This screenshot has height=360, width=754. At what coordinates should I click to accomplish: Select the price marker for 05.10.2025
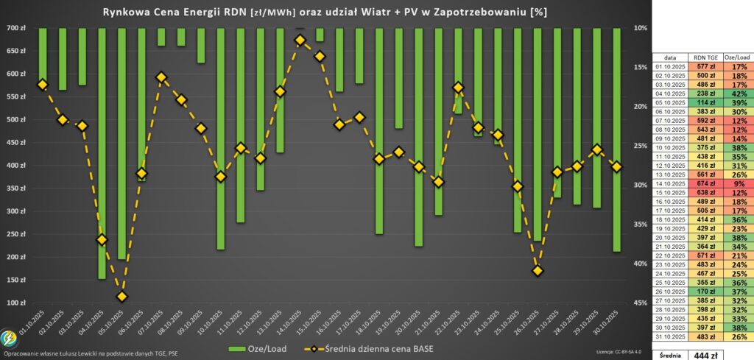coord(121,297)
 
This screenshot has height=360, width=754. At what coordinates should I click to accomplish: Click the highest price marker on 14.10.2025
coord(300,40)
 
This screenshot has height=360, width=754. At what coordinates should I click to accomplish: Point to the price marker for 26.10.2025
coord(538,271)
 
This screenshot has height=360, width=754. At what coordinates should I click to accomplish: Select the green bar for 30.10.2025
coord(616,140)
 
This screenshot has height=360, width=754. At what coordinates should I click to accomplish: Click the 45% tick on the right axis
coord(640,303)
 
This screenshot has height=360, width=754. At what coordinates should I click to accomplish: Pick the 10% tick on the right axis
coord(640,28)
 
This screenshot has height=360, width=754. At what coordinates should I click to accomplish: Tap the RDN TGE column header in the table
coord(703,57)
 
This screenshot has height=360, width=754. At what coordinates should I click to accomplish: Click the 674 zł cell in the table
coord(703,183)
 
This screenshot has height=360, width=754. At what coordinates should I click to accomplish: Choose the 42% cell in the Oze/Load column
coord(739,94)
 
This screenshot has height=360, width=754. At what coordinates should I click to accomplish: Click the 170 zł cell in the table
coord(703,292)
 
